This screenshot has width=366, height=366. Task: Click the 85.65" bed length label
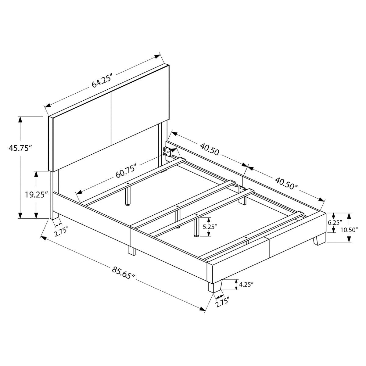(x=123, y=273)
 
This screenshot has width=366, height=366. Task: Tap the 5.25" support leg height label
(x=210, y=227)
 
